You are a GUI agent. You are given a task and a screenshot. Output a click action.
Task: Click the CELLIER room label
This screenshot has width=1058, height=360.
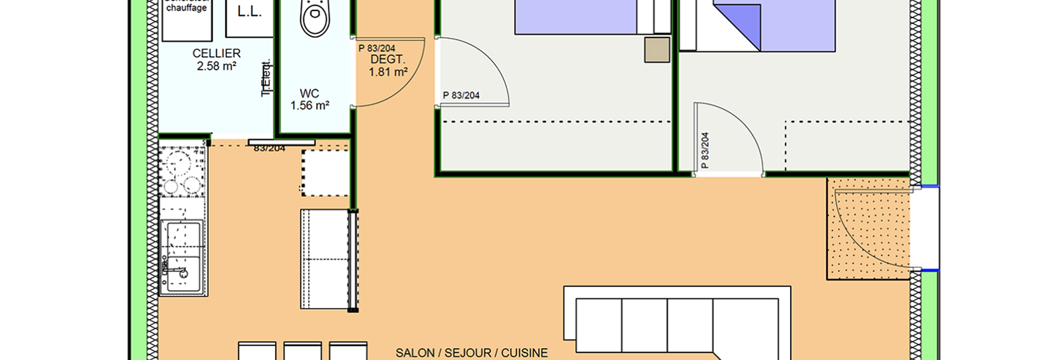(x=217, y=53)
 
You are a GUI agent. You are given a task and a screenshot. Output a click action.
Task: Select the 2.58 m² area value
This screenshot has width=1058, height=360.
(x=217, y=67)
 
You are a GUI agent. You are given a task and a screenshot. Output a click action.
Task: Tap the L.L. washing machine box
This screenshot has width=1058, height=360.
(x=249, y=13)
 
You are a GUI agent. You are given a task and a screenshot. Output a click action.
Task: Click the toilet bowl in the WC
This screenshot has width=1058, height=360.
(x=314, y=18)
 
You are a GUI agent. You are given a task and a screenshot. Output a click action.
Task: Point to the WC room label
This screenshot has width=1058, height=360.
(x=310, y=93)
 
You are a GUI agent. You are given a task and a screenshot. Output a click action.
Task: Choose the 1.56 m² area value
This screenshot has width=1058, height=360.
(x=310, y=105)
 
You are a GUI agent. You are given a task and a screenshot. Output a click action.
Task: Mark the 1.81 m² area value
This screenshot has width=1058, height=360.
(x=388, y=72)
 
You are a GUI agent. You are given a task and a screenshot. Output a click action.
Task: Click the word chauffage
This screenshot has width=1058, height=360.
(x=186, y=8)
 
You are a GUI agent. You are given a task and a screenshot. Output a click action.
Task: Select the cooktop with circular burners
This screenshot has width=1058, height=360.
(x=181, y=172)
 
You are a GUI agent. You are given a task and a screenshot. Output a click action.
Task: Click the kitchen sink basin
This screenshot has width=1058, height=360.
(x=182, y=239)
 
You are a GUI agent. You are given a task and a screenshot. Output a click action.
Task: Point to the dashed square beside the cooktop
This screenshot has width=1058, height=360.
(x=325, y=172)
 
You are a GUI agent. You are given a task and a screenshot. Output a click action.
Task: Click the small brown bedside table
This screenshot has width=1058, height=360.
(x=658, y=50)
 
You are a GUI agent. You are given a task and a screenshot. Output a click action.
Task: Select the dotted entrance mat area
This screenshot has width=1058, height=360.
(x=869, y=229)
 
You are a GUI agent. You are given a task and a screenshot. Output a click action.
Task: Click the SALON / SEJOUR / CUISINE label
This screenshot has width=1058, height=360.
(x=471, y=353)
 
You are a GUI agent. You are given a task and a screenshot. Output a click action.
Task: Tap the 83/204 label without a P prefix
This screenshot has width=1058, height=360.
(x=269, y=148)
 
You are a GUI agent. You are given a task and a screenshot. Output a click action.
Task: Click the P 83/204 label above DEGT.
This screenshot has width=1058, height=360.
(x=376, y=49)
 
